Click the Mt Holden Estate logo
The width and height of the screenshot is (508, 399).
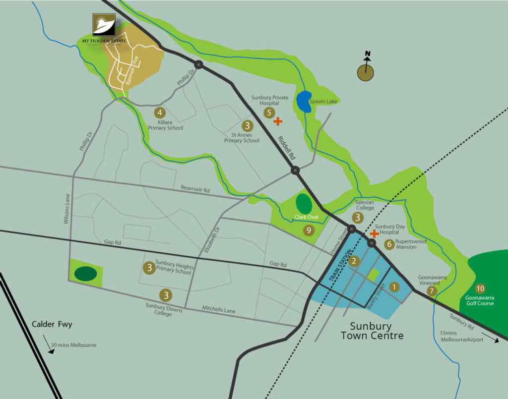(104, 25)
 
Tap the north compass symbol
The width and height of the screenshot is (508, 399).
(366, 72)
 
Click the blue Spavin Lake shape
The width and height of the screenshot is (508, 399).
(304, 102)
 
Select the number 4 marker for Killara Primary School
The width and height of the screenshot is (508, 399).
(159, 113)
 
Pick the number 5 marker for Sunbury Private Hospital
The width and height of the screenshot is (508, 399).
(269, 113)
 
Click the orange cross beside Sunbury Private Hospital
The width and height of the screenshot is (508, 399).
(278, 120)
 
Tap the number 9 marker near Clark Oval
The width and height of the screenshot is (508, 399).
(309, 230)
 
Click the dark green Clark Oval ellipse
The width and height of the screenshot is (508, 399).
(304, 203)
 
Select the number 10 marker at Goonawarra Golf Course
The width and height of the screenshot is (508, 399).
(480, 288)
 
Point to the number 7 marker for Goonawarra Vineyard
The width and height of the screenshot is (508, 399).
(432, 291)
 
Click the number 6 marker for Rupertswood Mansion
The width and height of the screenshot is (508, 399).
(389, 244)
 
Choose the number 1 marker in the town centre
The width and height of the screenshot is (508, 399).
(394, 286)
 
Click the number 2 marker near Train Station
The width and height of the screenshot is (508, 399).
(354, 261)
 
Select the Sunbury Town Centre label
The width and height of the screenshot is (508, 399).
(371, 331)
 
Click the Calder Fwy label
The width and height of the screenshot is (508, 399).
(52, 325)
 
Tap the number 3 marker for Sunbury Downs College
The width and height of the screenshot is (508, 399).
(166, 295)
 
